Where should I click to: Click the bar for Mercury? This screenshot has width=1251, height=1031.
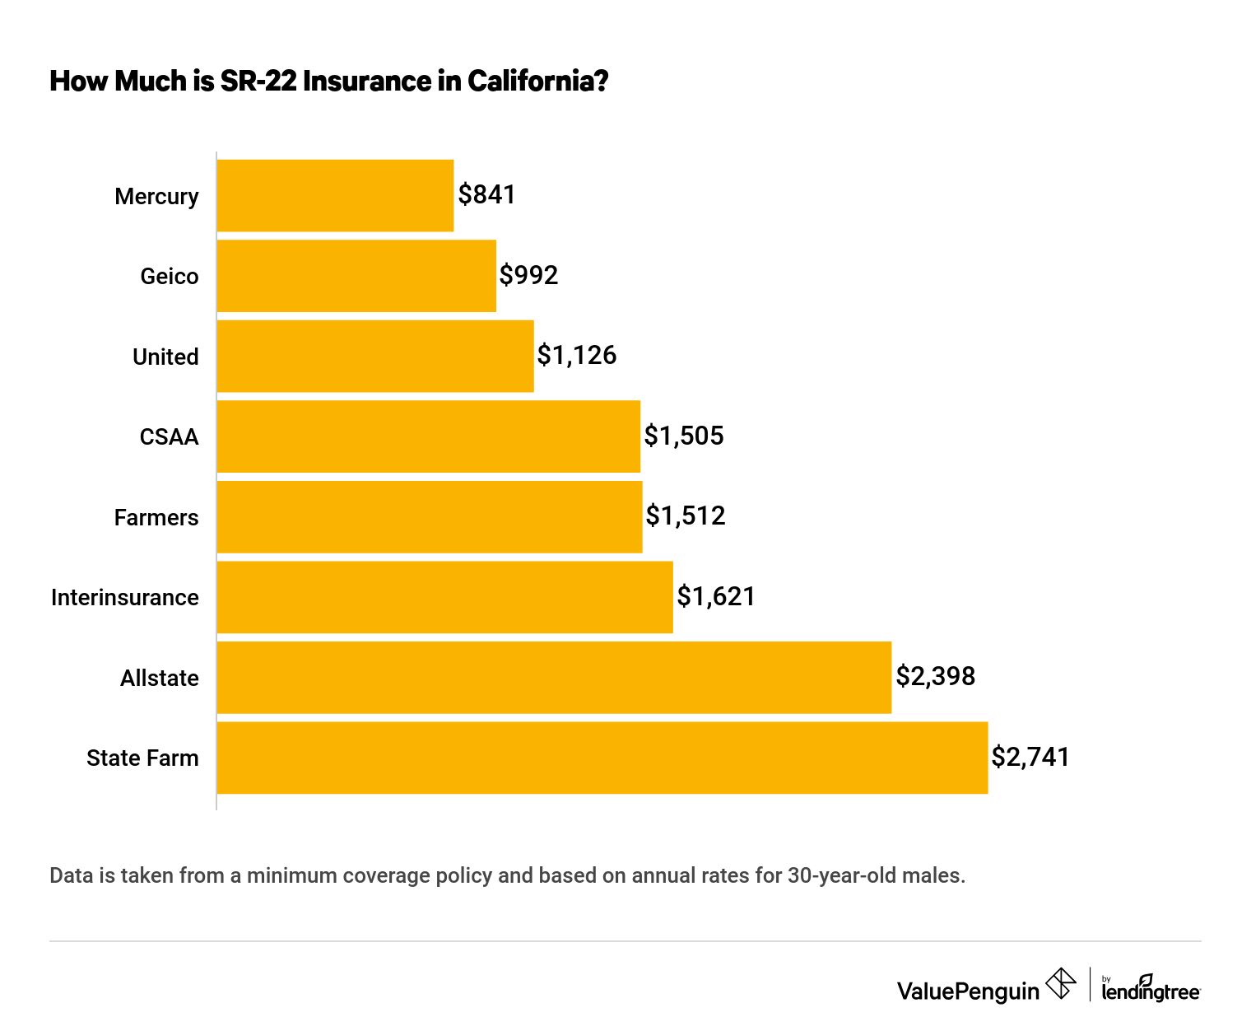pyautogui.click(x=335, y=195)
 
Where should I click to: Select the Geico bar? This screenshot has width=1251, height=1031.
pyautogui.click(x=356, y=276)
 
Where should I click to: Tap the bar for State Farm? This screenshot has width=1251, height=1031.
pyautogui.click(x=602, y=758)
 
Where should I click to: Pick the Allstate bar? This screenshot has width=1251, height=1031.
pyautogui.click(x=554, y=677)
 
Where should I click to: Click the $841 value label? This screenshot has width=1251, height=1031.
pyautogui.click(x=487, y=194)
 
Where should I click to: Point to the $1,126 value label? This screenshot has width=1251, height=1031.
pyautogui.click(x=577, y=355)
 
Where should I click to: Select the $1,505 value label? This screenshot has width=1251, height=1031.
pyautogui.click(x=684, y=436)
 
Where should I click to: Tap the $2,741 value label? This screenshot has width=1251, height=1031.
pyautogui.click(x=1030, y=757)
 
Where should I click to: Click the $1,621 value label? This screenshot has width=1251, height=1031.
pyautogui.click(x=716, y=596)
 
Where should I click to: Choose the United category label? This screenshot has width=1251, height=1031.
pyautogui.click(x=165, y=357)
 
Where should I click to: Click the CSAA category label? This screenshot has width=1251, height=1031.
pyautogui.click(x=169, y=436)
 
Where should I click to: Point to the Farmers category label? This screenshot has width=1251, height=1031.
pyautogui.click(x=156, y=517)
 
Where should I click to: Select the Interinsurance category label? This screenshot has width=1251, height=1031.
pyautogui.click(x=125, y=597)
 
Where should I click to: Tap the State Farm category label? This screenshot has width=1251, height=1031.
pyautogui.click(x=142, y=758)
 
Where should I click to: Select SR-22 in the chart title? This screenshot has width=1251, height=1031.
pyautogui.click(x=258, y=81)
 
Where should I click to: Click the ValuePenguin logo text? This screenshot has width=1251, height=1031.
pyautogui.click(x=968, y=991)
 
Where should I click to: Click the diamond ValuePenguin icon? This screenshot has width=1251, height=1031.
pyautogui.click(x=1060, y=984)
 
